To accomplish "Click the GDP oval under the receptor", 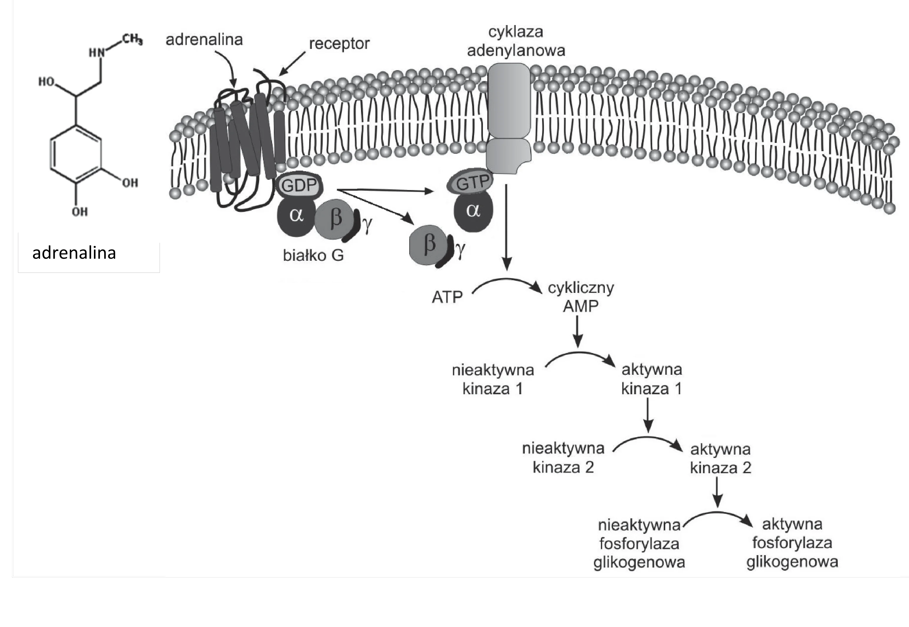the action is [299, 185].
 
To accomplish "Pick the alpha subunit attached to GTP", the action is [473, 211].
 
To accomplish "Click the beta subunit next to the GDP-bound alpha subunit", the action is [335, 219].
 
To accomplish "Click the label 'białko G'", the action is [313, 256].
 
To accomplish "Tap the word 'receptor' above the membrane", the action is [339, 44].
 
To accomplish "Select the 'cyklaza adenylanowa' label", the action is [516, 41].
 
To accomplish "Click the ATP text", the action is [447, 297].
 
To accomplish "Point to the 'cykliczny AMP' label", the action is [581, 297].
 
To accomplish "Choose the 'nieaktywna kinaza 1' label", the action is [493, 379].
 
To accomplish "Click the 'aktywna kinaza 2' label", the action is [721, 458].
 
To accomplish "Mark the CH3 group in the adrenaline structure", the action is [132, 39].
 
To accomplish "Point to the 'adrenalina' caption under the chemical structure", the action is [74, 253].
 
